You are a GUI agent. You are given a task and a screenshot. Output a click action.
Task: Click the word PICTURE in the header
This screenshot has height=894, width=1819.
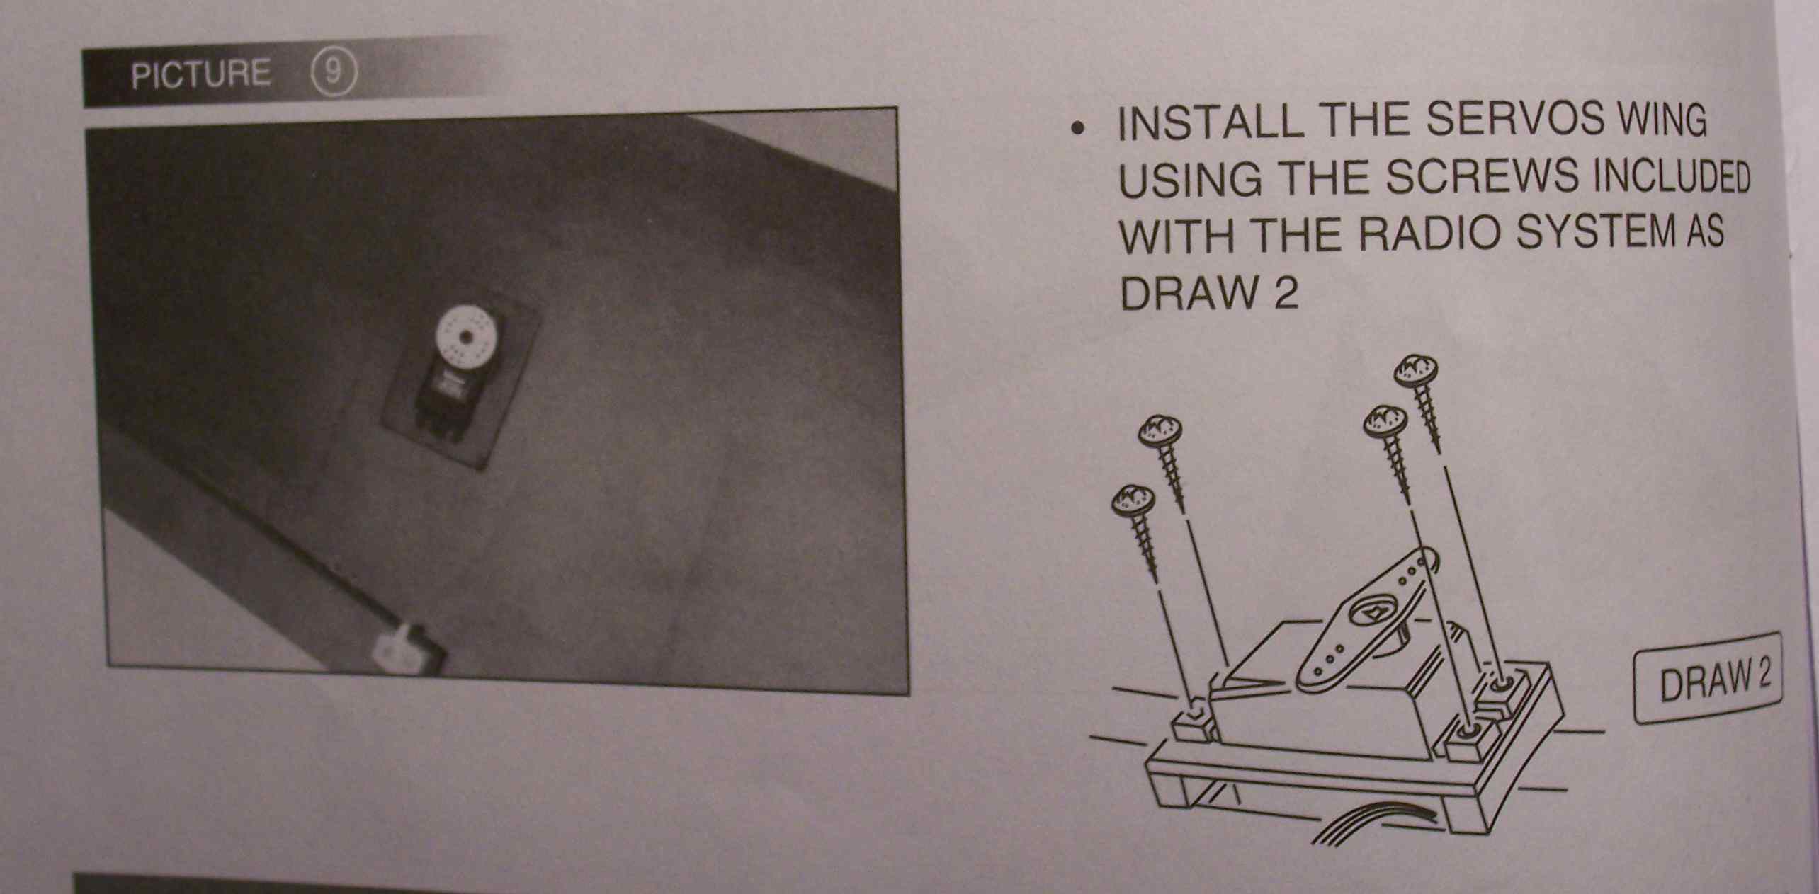pos(200,74)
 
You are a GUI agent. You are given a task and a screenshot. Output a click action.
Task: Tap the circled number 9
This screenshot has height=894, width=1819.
pos(334,74)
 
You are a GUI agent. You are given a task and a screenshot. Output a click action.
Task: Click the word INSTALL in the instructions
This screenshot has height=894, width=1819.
pos(1210,122)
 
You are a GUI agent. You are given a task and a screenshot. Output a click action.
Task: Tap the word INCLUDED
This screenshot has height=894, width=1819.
pos(1670,178)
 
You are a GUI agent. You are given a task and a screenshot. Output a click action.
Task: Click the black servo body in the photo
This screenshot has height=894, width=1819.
pos(444,397)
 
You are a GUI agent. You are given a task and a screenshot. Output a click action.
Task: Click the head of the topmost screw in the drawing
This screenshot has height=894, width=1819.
pos(1416,370)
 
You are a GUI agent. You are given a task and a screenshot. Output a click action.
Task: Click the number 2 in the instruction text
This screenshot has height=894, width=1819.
pos(1286,292)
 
